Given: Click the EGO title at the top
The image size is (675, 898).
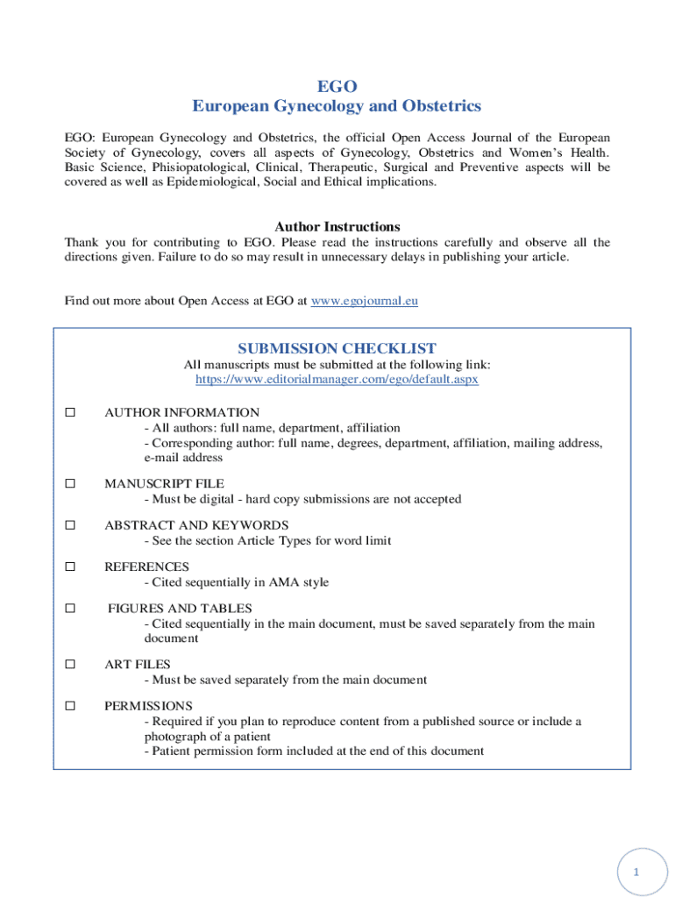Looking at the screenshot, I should coord(337,86).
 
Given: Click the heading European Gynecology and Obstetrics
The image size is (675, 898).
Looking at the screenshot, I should coord(337,106).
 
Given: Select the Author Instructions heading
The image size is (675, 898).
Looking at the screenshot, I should coord(337,226).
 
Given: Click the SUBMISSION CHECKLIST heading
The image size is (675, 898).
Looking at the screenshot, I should coord(337,348).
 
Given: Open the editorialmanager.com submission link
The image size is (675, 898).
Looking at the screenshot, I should coord(337,380).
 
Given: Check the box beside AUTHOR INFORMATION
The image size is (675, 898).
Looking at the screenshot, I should coord(70,412).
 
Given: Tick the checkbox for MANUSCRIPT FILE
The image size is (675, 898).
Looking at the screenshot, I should coord(70,483).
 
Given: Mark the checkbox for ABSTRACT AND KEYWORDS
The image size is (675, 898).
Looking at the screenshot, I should coord(70,525).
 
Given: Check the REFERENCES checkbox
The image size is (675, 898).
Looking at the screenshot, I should coord(70,567).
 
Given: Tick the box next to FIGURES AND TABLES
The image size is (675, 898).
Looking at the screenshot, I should coord(70,608).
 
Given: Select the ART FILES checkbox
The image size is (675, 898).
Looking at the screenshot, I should coord(70,664).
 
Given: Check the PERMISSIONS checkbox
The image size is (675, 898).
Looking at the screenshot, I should coord(70,705).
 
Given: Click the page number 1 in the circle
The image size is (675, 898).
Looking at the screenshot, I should coord(637,873).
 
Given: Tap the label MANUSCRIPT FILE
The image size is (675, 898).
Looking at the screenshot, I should coord(164,483).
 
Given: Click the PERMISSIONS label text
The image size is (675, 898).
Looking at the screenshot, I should coord(148,705).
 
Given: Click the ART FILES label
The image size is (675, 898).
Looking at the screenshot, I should coord(137,664).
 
